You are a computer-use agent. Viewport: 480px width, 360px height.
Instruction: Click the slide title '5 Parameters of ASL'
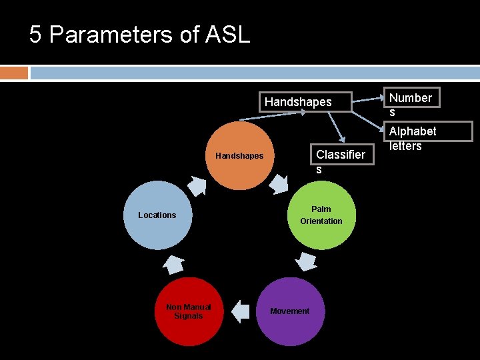point(139,34)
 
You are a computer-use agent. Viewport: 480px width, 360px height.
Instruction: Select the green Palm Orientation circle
point(321,215)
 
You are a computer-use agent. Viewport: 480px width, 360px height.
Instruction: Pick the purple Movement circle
point(289,311)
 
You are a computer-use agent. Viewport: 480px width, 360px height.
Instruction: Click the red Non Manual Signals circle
point(189,311)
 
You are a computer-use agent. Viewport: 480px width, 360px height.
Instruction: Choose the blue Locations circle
point(157,215)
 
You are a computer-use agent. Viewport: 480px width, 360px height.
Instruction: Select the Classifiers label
point(340,161)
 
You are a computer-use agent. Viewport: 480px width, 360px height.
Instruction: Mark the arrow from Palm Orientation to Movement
point(306,261)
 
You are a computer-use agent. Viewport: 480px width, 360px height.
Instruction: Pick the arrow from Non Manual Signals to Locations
point(173,263)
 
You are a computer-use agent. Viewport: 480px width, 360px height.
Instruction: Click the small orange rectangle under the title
point(14,72)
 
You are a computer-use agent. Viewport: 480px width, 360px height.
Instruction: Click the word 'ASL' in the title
point(229,34)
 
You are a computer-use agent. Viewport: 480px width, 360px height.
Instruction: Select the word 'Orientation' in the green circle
point(321,221)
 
